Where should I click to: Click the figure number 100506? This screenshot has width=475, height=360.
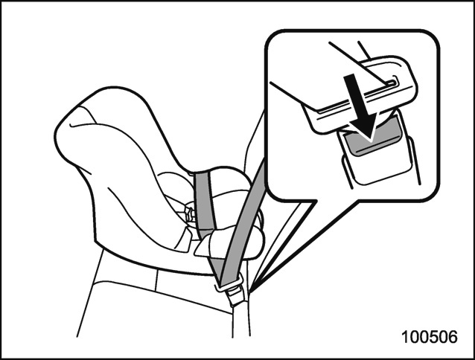[x=430, y=337]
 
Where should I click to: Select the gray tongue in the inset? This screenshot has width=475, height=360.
[x=373, y=136]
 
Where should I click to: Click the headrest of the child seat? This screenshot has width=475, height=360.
[x=100, y=127]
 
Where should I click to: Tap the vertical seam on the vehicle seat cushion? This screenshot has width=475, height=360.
[x=156, y=280]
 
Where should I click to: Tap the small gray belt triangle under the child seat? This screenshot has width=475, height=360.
[x=217, y=266]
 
